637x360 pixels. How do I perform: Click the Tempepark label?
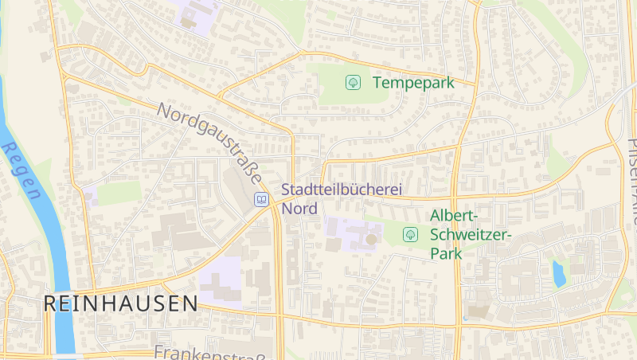pyautogui.click(x=412, y=82)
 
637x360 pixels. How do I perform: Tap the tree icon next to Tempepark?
pyautogui.click(x=353, y=82)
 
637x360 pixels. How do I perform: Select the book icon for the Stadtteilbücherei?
pyautogui.click(x=260, y=199)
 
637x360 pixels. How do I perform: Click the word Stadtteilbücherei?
pyautogui.click(x=341, y=191)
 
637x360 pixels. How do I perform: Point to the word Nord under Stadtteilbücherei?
pyautogui.click(x=300, y=209)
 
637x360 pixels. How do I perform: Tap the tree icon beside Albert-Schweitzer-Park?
pyautogui.click(x=410, y=234)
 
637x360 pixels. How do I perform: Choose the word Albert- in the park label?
pyautogui.click(x=454, y=216)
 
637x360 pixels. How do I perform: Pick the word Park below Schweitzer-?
pyautogui.click(x=446, y=252)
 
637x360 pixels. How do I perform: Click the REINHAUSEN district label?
pyautogui.click(x=120, y=303)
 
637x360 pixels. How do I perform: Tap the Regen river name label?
pyautogui.click(x=21, y=170)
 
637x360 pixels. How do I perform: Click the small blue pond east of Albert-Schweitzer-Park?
pyautogui.click(x=558, y=273)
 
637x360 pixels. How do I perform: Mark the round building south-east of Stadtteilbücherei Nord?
pyautogui.click(x=371, y=239)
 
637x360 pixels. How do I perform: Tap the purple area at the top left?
pyautogui.click(x=196, y=13)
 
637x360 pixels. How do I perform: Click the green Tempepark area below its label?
pyautogui.click(x=350, y=100)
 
